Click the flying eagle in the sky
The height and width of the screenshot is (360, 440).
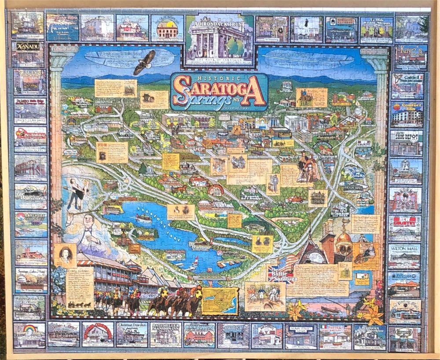coord(145,62)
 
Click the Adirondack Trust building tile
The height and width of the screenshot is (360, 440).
coord(220,40)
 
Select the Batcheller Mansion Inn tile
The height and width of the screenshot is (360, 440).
coord(165,335)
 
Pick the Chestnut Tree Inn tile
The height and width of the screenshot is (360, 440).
coord(132,335)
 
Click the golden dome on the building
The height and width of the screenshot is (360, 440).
coord(344,238)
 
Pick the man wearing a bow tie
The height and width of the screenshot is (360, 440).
coord(90,233)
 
